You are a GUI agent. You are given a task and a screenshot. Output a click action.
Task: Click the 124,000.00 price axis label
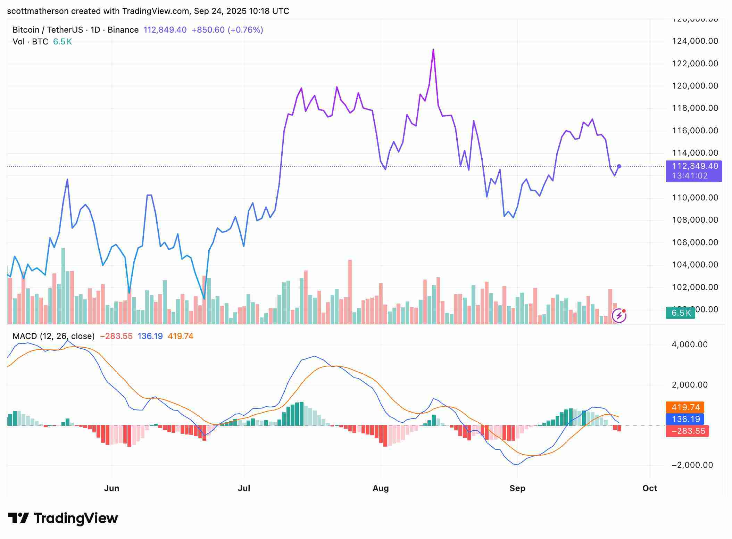point(695,41)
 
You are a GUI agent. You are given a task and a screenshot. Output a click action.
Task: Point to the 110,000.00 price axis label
point(695,198)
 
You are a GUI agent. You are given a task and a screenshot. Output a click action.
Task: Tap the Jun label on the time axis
point(111,488)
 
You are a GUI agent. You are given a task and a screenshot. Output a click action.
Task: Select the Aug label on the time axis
point(381,488)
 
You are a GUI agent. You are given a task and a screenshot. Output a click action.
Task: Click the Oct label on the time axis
point(650,488)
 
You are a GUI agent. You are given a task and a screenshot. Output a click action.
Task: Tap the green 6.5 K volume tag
point(681,313)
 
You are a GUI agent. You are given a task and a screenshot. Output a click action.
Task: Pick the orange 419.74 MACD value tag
point(685,407)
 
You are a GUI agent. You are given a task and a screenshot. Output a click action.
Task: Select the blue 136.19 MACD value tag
point(685,419)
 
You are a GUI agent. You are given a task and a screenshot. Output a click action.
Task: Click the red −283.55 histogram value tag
point(688,431)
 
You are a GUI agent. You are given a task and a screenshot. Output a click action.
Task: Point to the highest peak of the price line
point(433,50)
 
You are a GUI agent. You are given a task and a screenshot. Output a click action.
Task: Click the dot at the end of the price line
point(619,166)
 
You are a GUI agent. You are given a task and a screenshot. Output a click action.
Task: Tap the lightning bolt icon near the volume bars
point(619,316)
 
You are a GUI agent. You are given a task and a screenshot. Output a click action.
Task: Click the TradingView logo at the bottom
point(63,519)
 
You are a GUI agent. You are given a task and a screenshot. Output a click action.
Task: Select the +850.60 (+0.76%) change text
point(227,30)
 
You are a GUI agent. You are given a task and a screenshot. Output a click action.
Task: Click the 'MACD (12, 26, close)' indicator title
point(53,336)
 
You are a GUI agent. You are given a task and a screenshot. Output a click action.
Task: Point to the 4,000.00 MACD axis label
point(690,345)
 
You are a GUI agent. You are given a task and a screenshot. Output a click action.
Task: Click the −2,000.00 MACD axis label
point(692,465)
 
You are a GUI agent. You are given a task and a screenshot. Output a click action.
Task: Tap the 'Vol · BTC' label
point(30,42)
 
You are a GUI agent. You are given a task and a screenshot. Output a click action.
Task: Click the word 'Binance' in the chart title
point(123,30)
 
